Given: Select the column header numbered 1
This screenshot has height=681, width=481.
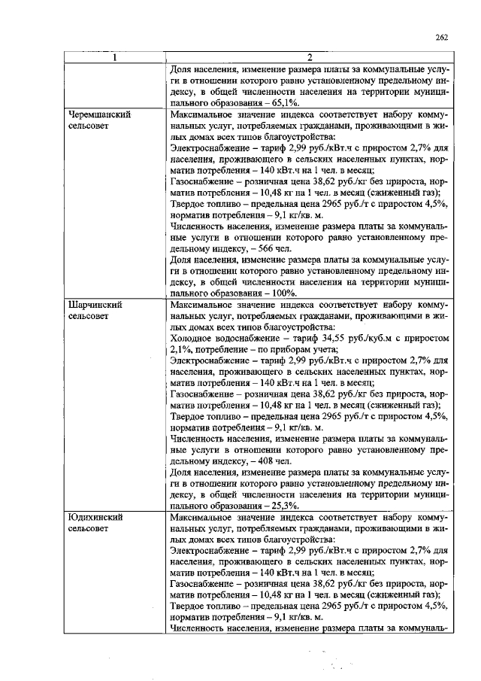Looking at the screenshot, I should click(113, 57).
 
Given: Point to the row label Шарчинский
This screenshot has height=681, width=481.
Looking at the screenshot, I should click(94, 306).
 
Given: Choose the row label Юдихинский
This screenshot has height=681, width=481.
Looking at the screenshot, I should click(94, 518).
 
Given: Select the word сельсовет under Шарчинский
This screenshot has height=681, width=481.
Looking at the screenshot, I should click(88, 318).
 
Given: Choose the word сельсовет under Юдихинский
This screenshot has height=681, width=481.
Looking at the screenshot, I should click(88, 530).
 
